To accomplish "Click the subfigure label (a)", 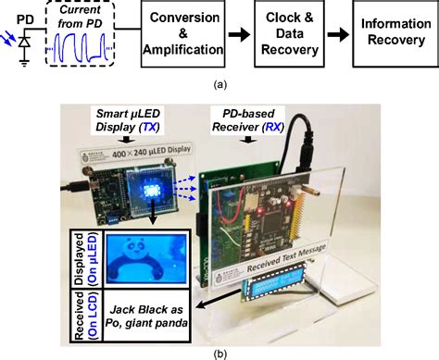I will coord(219,85).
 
